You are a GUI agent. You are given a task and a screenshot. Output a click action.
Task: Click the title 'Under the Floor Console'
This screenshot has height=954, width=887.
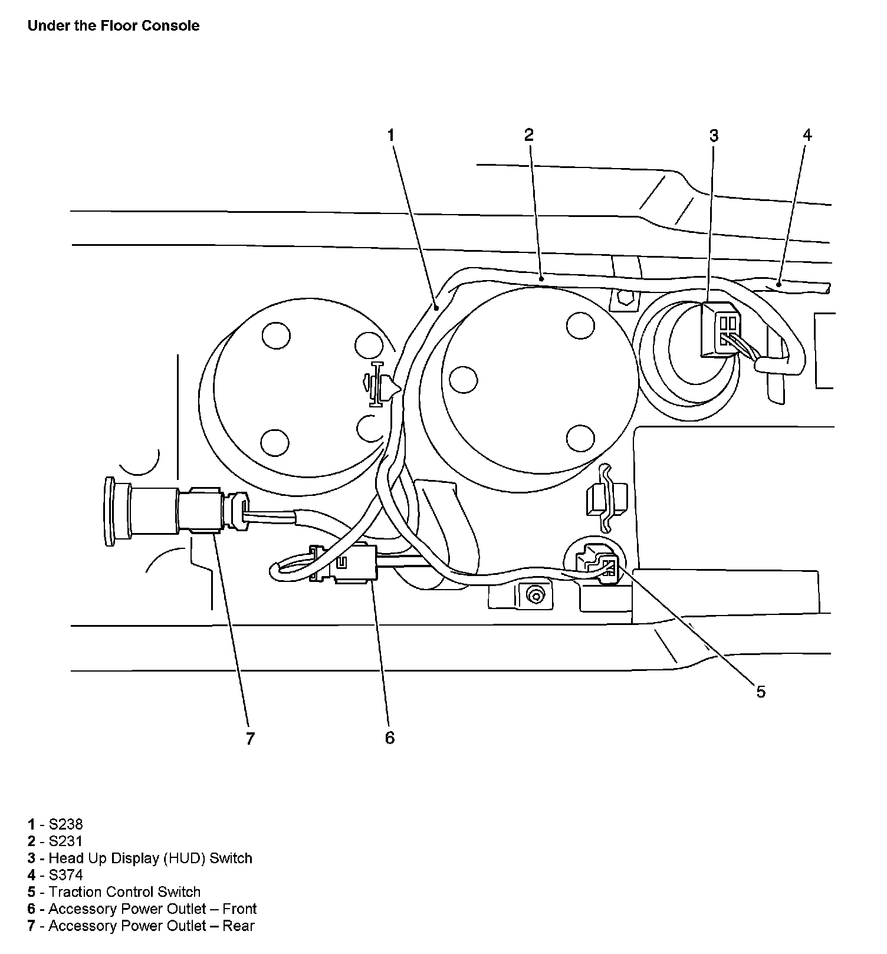click(x=113, y=26)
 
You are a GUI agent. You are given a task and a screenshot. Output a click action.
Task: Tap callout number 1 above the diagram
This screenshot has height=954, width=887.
click(x=390, y=135)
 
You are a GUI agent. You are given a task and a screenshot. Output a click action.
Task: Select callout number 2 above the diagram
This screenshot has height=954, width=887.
click(x=529, y=135)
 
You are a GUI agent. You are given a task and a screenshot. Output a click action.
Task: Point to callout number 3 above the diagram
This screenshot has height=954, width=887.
click(x=714, y=136)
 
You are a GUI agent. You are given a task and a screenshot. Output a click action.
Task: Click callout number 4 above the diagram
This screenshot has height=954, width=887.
click(x=807, y=135)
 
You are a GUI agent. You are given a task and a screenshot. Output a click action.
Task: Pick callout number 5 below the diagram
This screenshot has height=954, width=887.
click(x=761, y=692)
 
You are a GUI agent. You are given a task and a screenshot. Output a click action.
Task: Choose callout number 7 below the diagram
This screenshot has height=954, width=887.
click(x=250, y=738)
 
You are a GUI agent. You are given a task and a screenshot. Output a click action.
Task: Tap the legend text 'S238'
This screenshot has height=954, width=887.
click(x=65, y=824)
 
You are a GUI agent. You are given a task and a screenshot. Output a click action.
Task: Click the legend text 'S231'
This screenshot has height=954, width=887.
click(x=65, y=841)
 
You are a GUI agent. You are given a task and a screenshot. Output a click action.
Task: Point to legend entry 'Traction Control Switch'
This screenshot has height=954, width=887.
click(x=124, y=892)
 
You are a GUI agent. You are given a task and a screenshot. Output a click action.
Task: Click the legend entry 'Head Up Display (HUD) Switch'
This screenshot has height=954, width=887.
click(x=150, y=858)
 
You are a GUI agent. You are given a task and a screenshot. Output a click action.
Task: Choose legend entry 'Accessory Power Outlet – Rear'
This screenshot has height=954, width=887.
click(x=151, y=926)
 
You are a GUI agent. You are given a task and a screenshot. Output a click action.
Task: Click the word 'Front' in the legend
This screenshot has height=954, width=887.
click(x=239, y=909)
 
